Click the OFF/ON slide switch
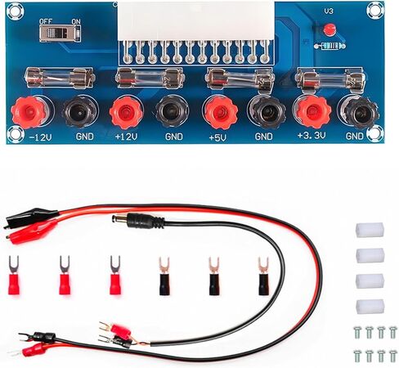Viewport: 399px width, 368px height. pos(61,34)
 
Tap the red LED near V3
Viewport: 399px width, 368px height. pos(330,29)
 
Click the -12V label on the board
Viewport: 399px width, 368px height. pos(41,137)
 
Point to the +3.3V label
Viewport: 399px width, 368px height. pos(312,135)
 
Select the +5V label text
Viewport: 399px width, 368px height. pos(217,137)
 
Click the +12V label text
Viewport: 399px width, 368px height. pos(127,137)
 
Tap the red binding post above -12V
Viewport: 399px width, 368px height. pos(29,112)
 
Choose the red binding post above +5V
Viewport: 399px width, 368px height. pos(221,112)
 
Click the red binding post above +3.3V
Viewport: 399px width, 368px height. pos(312,112)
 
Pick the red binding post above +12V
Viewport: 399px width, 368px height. pos(127,112)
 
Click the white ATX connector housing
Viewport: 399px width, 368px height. pos(195,22)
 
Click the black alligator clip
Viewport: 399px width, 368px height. pos(30,218)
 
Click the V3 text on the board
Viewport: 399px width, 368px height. pos(329,11)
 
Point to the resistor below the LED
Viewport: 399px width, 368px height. pos(330,46)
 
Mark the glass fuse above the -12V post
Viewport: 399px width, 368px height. pos(60,79)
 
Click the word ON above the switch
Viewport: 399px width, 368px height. pos(75,21)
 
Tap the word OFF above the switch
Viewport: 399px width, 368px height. pos(46,21)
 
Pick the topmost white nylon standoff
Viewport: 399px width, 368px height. pos(370,230)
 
